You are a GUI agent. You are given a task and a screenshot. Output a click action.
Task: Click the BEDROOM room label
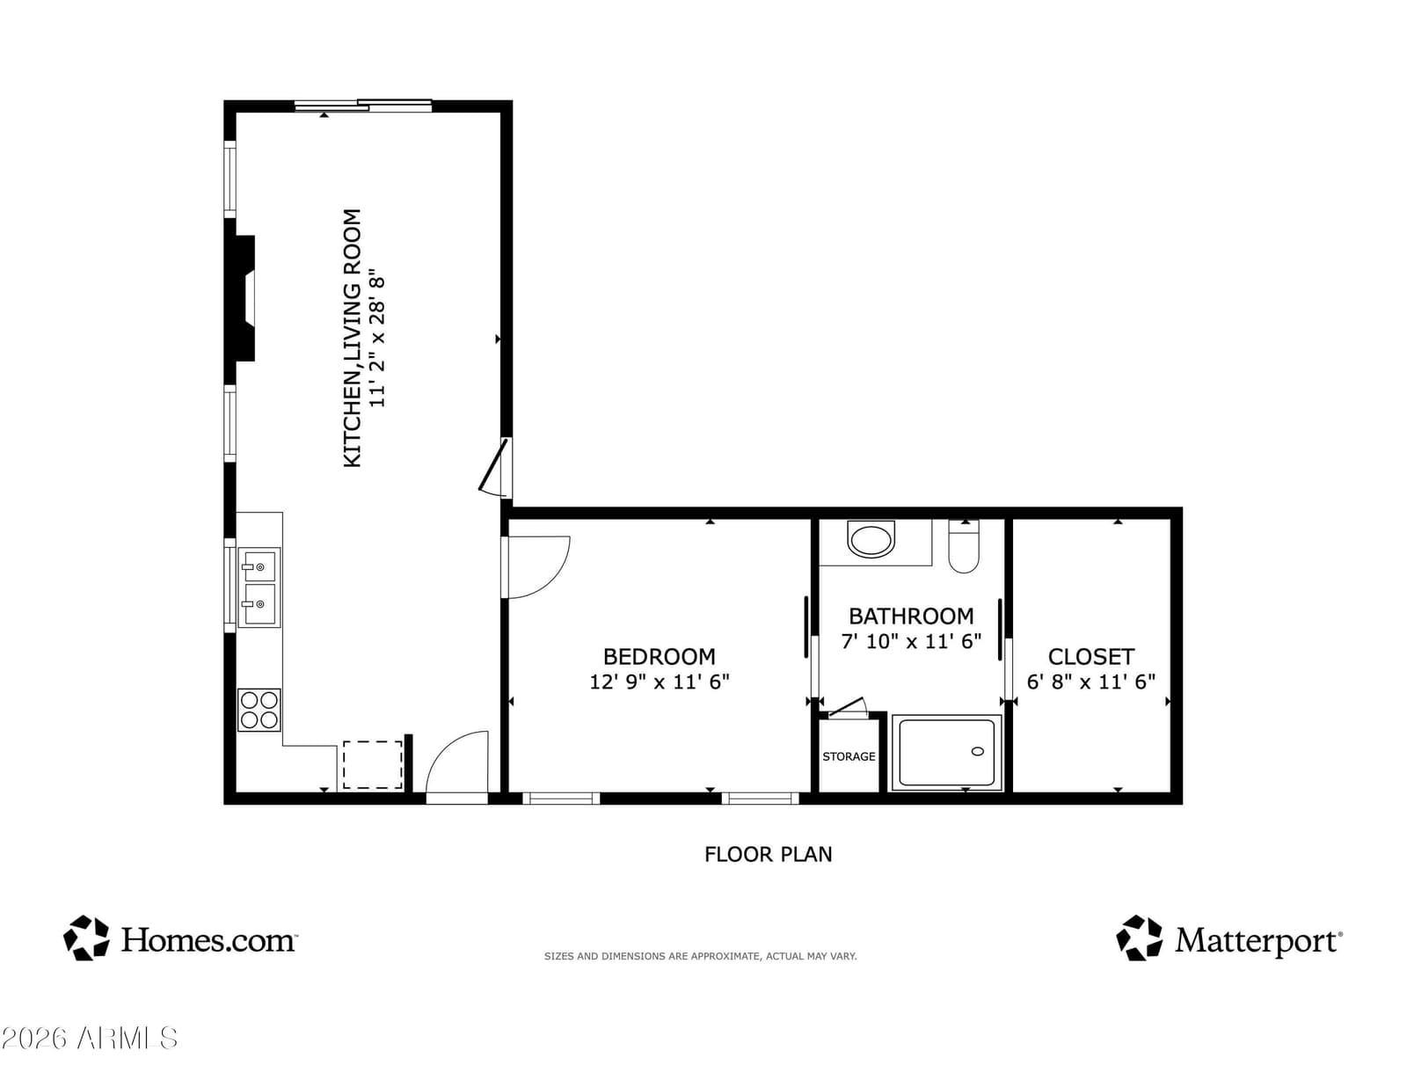pyautogui.click(x=660, y=656)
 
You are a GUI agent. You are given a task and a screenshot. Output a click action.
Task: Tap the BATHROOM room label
pyautogui.click(x=911, y=616)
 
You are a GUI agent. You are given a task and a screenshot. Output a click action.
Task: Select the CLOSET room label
pyautogui.click(x=1091, y=656)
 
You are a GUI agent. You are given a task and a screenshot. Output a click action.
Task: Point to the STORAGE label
pyautogui.click(x=849, y=756)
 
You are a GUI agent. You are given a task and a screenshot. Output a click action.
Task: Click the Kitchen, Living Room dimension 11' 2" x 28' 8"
pyautogui.click(x=377, y=338)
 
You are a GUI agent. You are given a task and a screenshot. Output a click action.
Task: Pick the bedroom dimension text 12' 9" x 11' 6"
pyautogui.click(x=660, y=682)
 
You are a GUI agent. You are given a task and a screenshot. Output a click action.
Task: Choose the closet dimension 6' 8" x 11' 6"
pyautogui.click(x=1091, y=682)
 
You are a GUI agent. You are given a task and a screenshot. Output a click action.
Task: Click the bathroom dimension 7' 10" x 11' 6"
pyautogui.click(x=911, y=641)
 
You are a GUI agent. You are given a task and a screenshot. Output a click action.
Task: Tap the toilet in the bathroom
pyautogui.click(x=964, y=546)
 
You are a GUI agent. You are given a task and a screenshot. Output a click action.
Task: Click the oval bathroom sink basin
pyautogui.click(x=871, y=540)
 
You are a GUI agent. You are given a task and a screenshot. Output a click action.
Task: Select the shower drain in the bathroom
pyautogui.click(x=978, y=751)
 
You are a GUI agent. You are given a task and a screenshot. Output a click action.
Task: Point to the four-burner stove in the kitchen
pyautogui.click(x=259, y=710)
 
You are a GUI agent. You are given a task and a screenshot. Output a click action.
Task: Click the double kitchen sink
pyautogui.click(x=259, y=587)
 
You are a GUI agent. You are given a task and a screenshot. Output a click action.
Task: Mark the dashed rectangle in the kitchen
pyautogui.click(x=372, y=764)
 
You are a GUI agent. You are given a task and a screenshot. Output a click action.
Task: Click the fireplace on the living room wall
pyautogui.click(x=244, y=298)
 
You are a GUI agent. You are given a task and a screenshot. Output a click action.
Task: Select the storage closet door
pyautogui.click(x=847, y=707)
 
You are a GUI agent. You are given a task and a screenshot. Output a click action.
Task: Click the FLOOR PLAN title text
pyautogui.click(x=768, y=855)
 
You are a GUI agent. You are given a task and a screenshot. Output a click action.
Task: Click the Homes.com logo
pyautogui.click(x=180, y=938)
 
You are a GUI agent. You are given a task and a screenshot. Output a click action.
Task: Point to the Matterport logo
pyautogui.click(x=1229, y=938)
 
